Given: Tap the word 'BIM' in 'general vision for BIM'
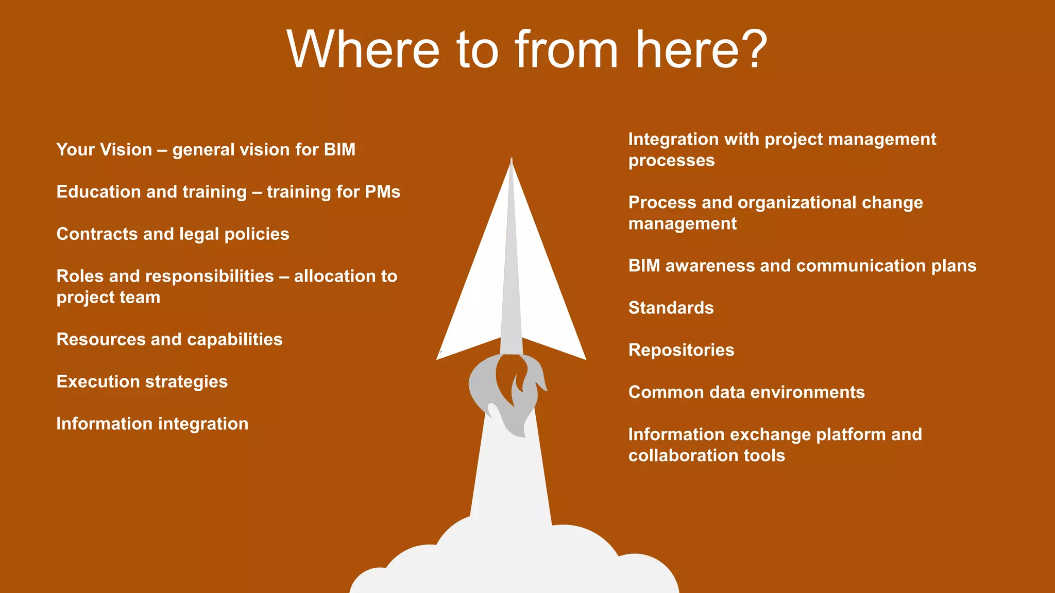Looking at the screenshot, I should (x=339, y=150).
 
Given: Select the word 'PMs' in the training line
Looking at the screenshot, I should (x=382, y=192).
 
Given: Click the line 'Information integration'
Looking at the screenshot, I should (x=152, y=424).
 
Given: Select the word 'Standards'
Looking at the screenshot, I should (x=671, y=308).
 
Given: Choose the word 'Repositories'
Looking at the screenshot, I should (x=681, y=350).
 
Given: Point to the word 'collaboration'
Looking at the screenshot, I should (x=683, y=456).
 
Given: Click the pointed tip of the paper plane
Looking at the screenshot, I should (x=511, y=161).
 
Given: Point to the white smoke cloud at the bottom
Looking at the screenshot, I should (x=515, y=561).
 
